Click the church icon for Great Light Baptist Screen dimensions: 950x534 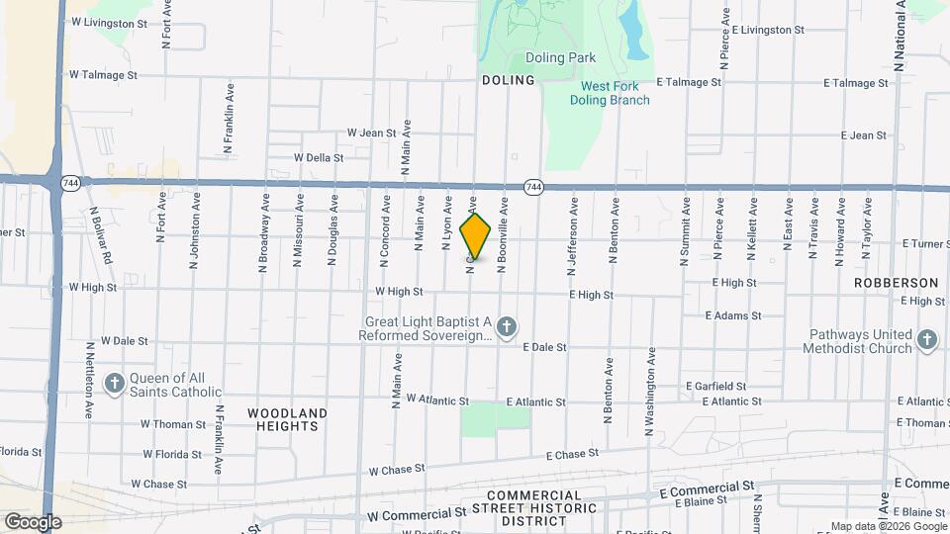pyautogui.click(x=507, y=326)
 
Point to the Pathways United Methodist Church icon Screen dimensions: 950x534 pyautogui.click(x=926, y=340)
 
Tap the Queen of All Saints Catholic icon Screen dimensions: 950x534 pyautogui.click(x=115, y=384)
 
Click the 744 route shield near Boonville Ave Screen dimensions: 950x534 pyautogui.click(x=533, y=186)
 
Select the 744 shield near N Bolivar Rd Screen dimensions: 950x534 pyautogui.click(x=69, y=183)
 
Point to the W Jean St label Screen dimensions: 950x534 pyautogui.click(x=371, y=133)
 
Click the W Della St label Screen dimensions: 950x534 pyautogui.click(x=319, y=157)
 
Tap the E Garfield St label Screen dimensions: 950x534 pyautogui.click(x=716, y=386)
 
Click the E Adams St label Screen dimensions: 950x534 pyautogui.click(x=733, y=315)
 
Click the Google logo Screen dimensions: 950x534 pyautogui.click(x=32, y=521)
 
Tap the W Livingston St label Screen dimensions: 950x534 pyautogui.click(x=109, y=21)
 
